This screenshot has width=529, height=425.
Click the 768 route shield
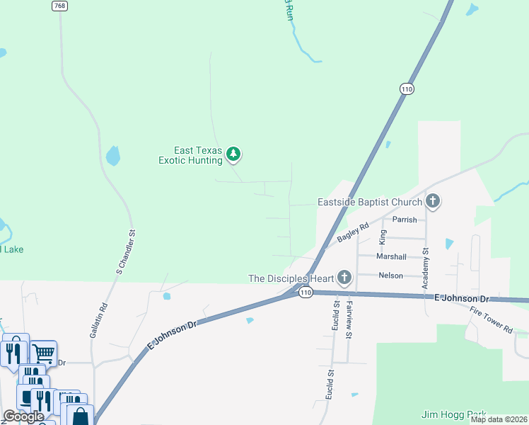tap(59, 6)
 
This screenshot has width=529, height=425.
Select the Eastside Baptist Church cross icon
tap(433, 202)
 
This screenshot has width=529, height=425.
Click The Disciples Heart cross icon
tap(344, 278)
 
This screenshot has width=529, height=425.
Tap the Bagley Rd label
tap(353, 233)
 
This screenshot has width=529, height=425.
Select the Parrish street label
tap(405, 220)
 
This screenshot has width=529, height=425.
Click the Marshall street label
tap(392, 256)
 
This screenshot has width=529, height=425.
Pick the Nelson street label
tap(391, 276)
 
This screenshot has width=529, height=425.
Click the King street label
tap(383, 237)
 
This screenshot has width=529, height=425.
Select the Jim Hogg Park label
tap(449, 414)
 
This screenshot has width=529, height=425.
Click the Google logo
tap(23, 416)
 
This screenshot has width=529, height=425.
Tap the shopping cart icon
tap(44, 352)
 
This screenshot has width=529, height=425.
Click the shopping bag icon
tap(81, 416)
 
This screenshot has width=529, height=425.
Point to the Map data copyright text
tap(498, 419)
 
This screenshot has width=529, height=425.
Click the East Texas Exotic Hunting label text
tap(190, 155)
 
